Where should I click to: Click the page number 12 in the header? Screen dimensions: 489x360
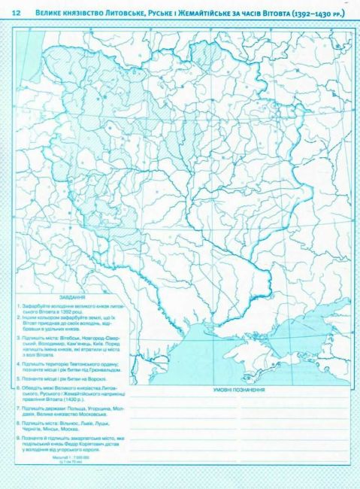pyautogui.click(x=16, y=12)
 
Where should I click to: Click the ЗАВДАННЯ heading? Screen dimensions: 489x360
pyautogui.click(x=77, y=296)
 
